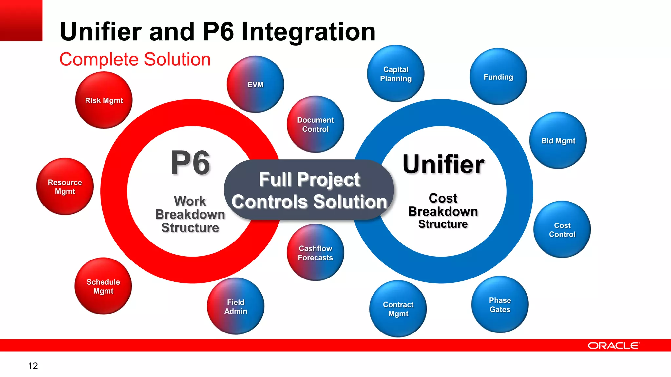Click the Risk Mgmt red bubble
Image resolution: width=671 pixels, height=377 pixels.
pos(104,100)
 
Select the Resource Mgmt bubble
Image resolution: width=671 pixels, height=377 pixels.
pos(65,187)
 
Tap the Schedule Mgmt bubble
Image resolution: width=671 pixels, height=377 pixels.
pos(103,286)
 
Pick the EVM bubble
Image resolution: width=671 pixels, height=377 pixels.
pos(255,84)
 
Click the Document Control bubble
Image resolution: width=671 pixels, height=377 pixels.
pos(315,124)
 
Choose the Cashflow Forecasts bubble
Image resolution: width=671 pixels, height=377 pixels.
pos(315,253)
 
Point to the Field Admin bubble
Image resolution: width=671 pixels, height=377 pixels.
pos(236,306)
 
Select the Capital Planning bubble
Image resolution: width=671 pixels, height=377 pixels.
pos(395,74)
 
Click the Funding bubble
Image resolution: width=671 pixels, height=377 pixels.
pos(498,77)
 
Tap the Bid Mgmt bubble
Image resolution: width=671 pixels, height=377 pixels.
pos(558,141)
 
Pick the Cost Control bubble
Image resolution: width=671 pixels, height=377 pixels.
pos(562,230)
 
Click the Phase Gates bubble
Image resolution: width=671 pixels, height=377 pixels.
pos(500,305)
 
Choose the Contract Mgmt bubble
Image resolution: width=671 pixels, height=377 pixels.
pos(398,309)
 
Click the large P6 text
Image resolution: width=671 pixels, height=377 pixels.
pos(190,163)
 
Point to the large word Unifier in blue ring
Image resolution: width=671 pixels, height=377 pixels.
pos(443,164)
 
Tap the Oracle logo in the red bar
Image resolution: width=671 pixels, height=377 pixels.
pos(613,346)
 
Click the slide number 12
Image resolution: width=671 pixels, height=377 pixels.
pos(33,366)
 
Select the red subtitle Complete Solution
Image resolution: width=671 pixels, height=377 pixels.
pos(135,60)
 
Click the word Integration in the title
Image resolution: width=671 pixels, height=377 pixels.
pos(308,32)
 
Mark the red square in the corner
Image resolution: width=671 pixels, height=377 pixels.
pos(21,20)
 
